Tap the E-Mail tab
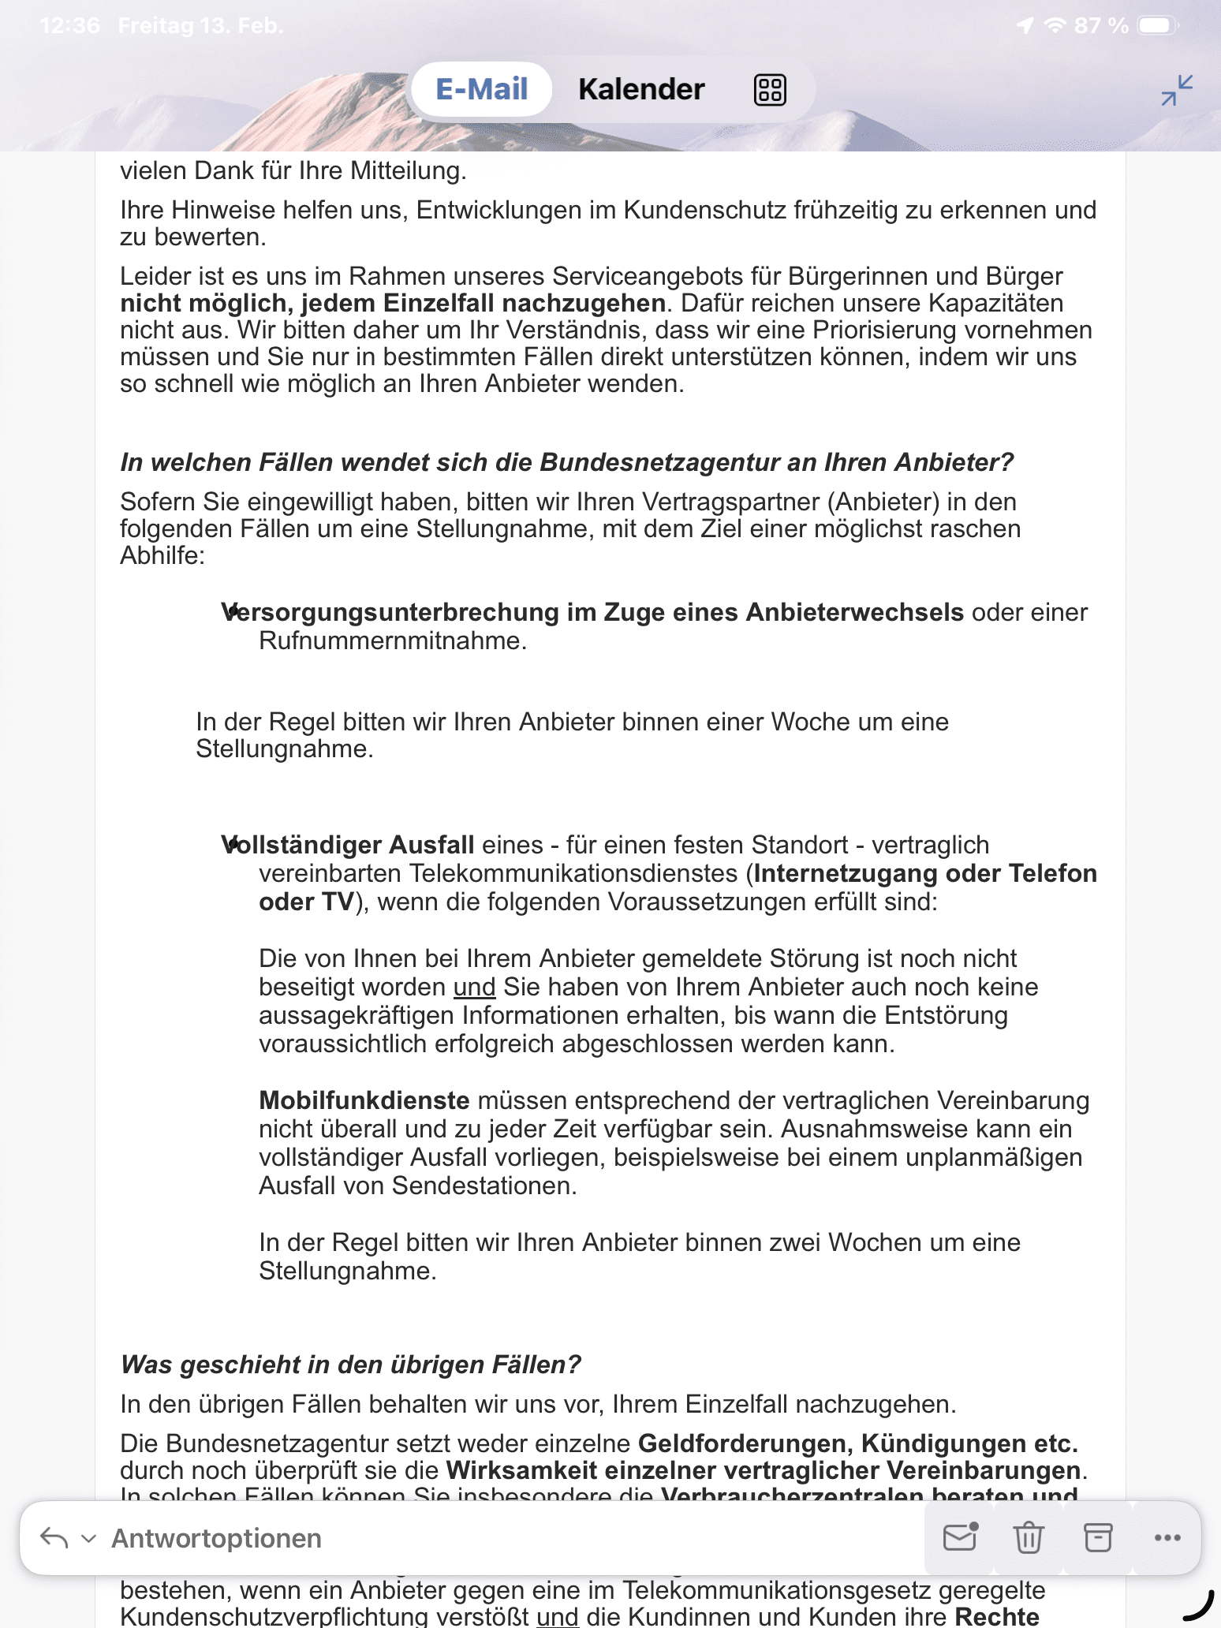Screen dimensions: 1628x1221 click(x=481, y=89)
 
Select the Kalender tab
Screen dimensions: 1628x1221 click(x=641, y=89)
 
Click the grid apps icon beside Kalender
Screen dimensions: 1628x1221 click(x=770, y=89)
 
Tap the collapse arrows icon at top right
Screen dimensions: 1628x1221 click(x=1177, y=90)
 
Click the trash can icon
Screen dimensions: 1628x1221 click(x=1029, y=1537)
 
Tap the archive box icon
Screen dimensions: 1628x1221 click(x=1098, y=1537)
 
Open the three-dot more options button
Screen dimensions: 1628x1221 click(x=1167, y=1537)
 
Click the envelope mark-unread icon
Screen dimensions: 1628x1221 click(x=960, y=1537)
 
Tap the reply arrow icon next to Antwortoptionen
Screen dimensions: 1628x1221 click(x=54, y=1537)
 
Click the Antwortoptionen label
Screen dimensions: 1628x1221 click(x=216, y=1538)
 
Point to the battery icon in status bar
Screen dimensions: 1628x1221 click(x=1157, y=26)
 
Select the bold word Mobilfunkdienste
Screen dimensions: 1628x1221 click(x=364, y=1100)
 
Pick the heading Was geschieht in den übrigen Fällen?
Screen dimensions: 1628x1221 click(x=350, y=1365)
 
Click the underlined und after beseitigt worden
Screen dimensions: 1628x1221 click(x=474, y=987)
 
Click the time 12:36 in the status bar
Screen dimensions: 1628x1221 click(x=69, y=26)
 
